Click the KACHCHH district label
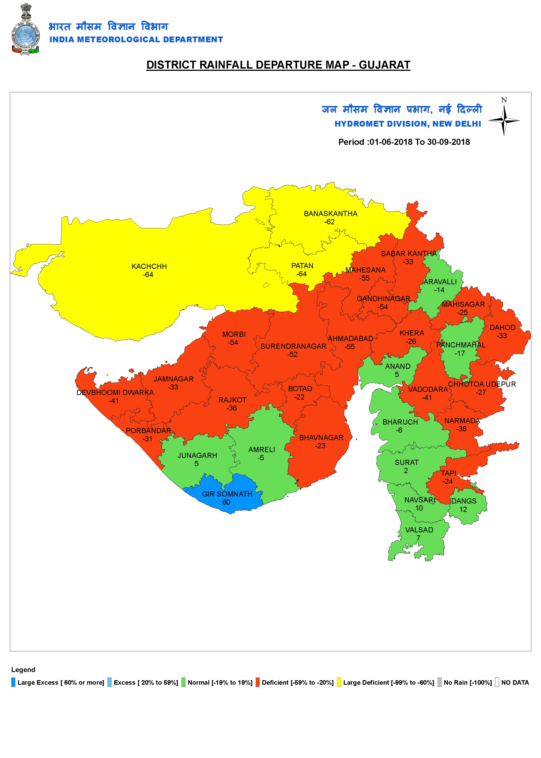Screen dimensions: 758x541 pyautogui.click(x=149, y=266)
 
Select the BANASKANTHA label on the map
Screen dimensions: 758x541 pyautogui.click(x=330, y=214)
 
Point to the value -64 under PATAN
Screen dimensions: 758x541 pyautogui.click(x=301, y=274)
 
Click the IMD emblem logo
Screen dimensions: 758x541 pyautogui.click(x=25, y=29)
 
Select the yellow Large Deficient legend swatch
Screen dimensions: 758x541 pyautogui.click(x=339, y=682)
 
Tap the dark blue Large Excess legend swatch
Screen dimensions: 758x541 pyautogui.click(x=13, y=682)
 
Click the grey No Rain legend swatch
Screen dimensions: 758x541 pyautogui.click(x=439, y=682)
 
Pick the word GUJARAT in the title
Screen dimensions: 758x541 pyautogui.click(x=384, y=65)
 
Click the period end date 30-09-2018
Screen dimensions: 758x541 pyautogui.click(x=448, y=142)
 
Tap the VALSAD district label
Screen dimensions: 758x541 pyautogui.click(x=419, y=530)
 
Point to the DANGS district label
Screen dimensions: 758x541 pyautogui.click(x=464, y=501)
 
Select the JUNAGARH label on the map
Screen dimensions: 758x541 pyautogui.click(x=197, y=455)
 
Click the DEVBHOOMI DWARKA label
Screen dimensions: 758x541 pyautogui.click(x=115, y=392)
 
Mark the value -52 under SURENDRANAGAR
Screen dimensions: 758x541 pyautogui.click(x=293, y=355)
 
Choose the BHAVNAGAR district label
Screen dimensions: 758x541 pyautogui.click(x=321, y=438)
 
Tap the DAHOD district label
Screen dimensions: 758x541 pyautogui.click(x=502, y=328)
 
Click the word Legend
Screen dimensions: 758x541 pyautogui.click(x=23, y=670)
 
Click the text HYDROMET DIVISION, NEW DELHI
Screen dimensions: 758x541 pyautogui.click(x=408, y=124)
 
